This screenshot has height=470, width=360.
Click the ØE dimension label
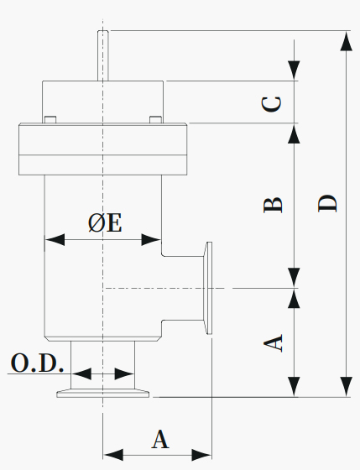105,223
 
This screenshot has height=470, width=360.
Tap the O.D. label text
37,363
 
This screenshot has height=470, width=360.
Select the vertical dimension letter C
272,104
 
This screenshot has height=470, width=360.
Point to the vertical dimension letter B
273,205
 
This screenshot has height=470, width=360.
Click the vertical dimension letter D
327,203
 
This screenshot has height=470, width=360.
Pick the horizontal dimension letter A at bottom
160,439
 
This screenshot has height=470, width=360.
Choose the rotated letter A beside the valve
273,343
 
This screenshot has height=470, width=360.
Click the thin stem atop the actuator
103,55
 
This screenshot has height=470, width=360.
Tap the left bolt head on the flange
50,119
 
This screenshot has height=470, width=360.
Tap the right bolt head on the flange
155,119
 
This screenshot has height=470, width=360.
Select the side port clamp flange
208,288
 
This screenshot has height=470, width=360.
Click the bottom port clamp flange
103,394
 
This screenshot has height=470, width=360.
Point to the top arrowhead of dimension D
347,42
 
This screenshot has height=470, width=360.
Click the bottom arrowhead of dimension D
347,387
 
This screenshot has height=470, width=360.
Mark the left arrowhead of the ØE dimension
55,239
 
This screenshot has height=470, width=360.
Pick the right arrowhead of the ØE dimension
151,239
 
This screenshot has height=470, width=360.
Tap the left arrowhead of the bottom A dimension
113,455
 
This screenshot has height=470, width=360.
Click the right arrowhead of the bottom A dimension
201,455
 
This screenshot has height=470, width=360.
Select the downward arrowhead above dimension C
294,70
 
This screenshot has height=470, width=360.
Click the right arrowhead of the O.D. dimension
124,373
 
